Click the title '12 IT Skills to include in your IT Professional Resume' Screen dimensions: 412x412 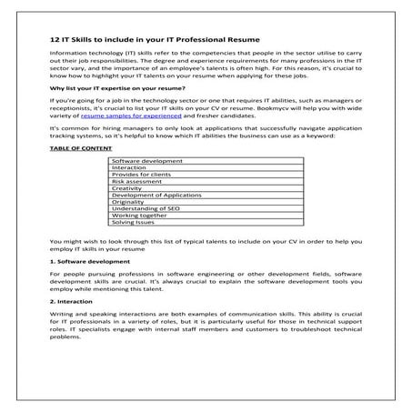[155, 41]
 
